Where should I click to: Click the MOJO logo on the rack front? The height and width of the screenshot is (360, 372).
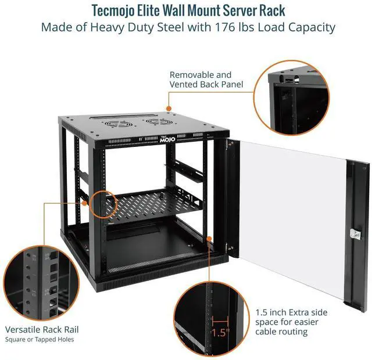click(165, 139)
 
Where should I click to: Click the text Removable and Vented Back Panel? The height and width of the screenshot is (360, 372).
click(201, 80)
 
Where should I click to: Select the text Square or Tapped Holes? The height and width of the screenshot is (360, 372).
click(40, 339)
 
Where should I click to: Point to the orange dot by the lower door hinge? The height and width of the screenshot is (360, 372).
click(209, 237)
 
